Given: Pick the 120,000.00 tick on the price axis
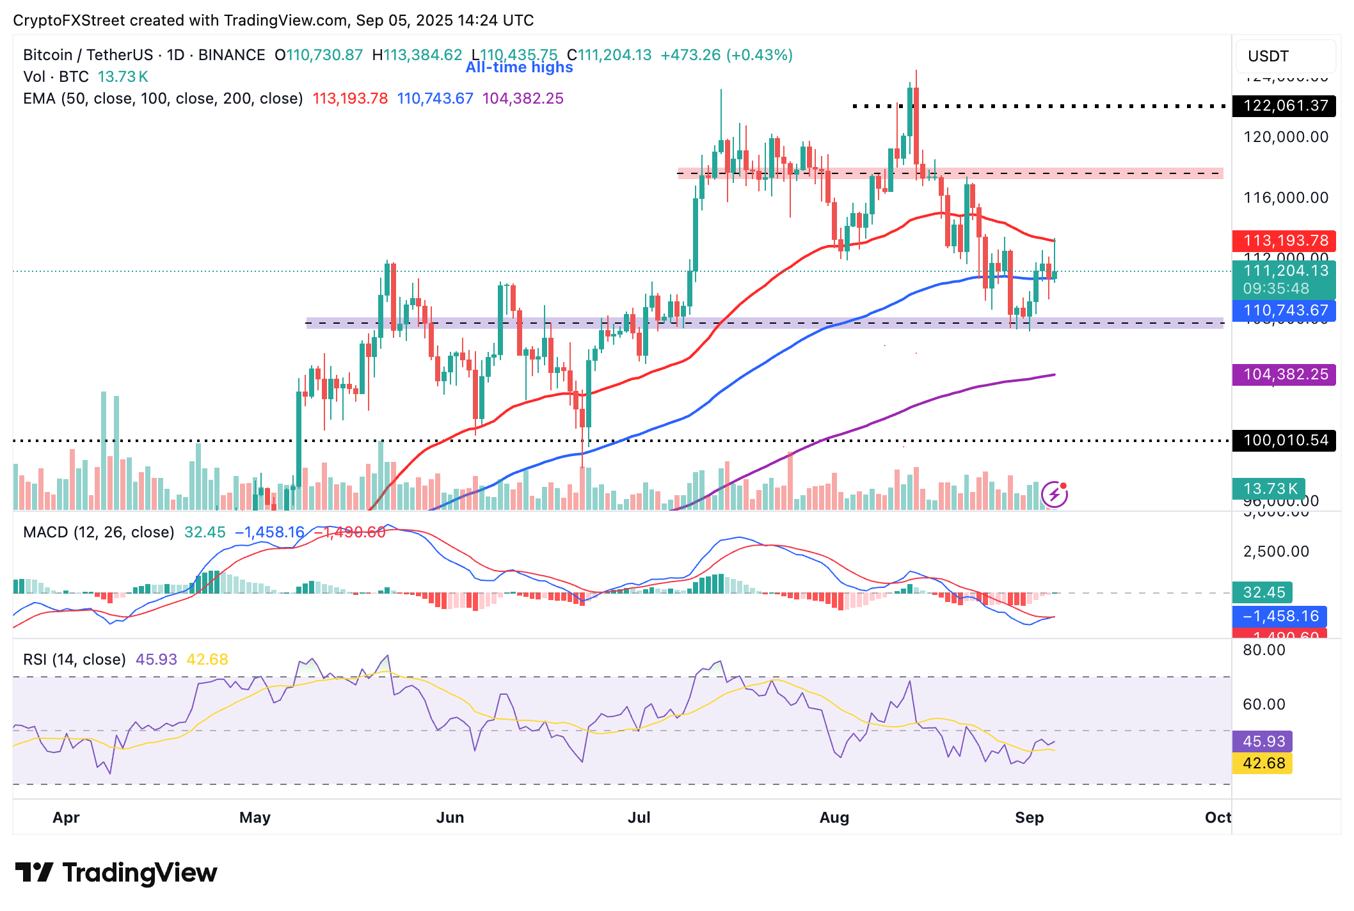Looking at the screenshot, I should coord(1286,137).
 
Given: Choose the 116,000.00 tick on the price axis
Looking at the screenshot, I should coord(1286,198).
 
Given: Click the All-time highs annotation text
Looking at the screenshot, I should coord(519,67).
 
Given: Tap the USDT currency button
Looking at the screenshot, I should coord(1286,56).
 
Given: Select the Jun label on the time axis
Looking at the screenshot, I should coord(450,818).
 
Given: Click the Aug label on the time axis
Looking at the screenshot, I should coord(834,818).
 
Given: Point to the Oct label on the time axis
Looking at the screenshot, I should coord(1217,818).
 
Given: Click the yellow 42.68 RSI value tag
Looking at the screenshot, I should coord(1262,763).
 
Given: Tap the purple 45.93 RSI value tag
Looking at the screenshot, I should coord(1262,741).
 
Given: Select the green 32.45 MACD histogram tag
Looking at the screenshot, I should coord(1262,592).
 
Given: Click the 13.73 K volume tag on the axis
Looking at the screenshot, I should coord(1269,489).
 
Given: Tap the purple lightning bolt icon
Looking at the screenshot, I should coord(1055,494).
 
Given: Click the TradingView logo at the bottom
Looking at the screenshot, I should coord(116,873).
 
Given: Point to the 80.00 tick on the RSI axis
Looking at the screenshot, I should coord(1263,651).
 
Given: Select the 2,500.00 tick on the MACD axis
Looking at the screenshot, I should coord(1275,551).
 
